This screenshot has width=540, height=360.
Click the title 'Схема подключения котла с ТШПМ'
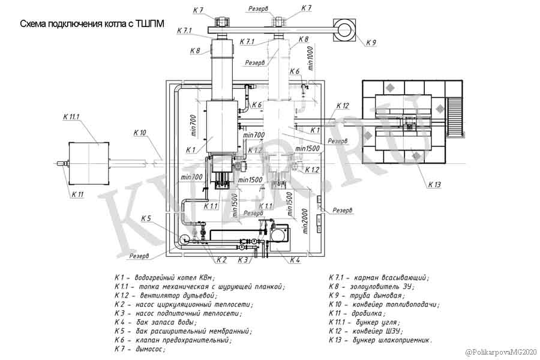[92, 25]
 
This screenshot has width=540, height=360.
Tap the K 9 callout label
[370, 43]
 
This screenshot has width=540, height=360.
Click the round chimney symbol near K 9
[346, 28]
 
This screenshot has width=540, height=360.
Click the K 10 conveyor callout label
[140, 133]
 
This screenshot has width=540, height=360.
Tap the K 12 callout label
[342, 106]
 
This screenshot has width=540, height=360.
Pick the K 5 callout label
[146, 218]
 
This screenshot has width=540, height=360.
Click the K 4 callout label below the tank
[295, 260]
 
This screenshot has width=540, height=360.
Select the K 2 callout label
[221, 260]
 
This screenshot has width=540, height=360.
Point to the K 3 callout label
[242, 260]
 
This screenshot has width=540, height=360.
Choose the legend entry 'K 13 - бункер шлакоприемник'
[380, 340]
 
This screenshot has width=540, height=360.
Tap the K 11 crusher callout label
[77, 194]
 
